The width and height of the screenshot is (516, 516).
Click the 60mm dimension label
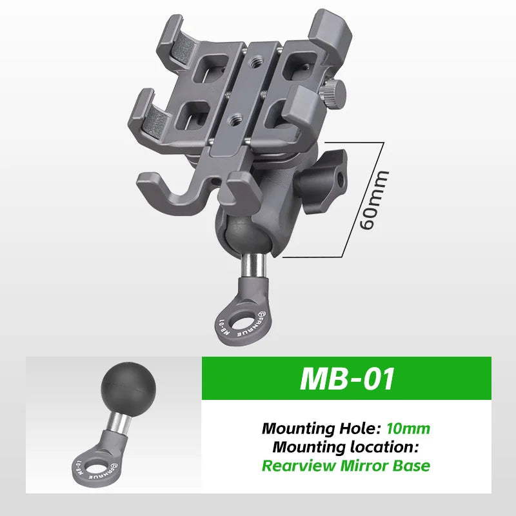pos(375,200)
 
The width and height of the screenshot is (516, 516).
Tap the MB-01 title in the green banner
pos(347,379)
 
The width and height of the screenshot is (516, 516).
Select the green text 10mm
pos(408,428)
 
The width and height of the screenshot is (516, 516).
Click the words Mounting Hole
pos(321,428)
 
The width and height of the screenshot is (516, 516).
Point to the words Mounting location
pos(346,447)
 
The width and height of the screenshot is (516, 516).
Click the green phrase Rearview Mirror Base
pos(346,466)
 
